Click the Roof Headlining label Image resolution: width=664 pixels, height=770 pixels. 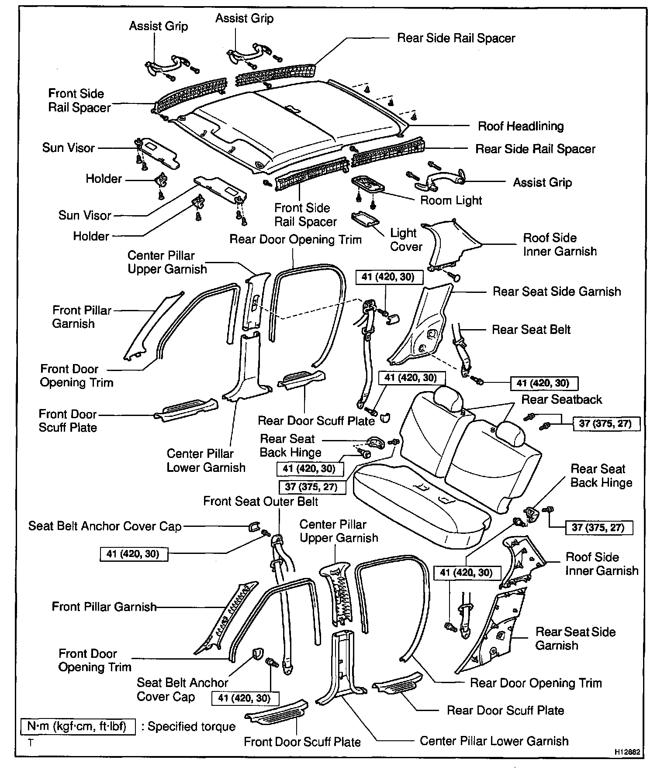tap(520, 126)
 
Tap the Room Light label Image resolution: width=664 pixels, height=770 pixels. tap(451, 200)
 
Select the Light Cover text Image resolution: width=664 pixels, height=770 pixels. tap(406, 240)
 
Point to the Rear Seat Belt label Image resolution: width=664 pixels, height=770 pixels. tap(531, 330)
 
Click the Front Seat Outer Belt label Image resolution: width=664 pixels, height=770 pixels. tap(261, 501)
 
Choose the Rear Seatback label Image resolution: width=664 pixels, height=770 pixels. tap(561, 399)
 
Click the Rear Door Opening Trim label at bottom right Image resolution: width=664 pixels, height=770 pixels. tap(536, 683)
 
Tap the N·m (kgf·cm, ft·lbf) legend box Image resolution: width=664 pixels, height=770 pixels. tap(77, 726)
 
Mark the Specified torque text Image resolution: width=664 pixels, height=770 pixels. tap(192, 726)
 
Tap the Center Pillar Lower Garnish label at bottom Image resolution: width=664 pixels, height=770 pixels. tap(494, 741)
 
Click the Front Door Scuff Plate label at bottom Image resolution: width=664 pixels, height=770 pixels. tap(302, 742)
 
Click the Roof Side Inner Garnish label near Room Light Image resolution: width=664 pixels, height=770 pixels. tap(560, 244)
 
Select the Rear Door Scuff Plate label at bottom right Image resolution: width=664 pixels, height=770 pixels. tap(505, 710)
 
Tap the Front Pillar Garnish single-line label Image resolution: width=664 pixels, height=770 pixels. tap(104, 607)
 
